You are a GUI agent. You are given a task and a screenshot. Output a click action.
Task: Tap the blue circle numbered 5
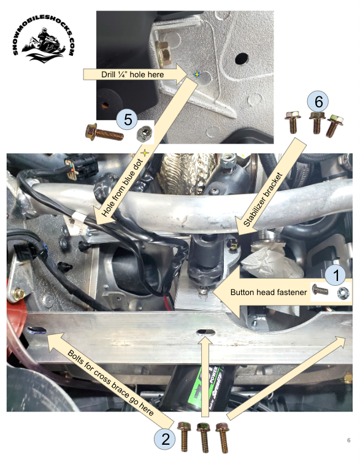(x=128, y=119)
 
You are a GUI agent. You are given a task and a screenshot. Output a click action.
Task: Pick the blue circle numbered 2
(x=164, y=438)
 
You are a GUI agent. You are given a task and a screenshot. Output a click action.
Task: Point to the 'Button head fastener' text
(x=269, y=293)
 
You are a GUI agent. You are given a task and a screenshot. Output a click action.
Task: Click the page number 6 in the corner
(x=348, y=440)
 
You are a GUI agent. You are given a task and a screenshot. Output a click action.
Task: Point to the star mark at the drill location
(x=196, y=74)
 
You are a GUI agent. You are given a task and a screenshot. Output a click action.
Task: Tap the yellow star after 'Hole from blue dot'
(x=145, y=151)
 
